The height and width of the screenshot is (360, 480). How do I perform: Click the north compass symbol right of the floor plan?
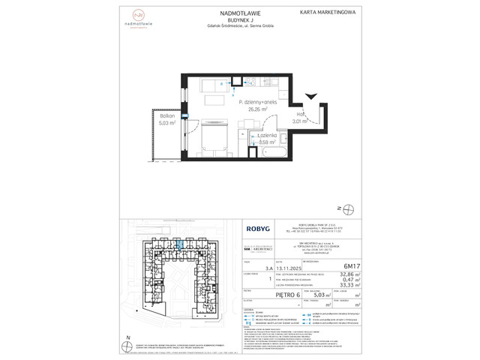[x=341, y=208]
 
